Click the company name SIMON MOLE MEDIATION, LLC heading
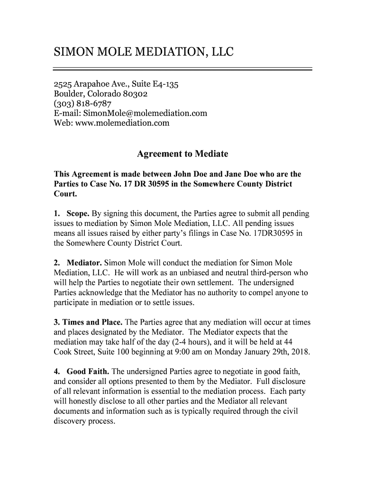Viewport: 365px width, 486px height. pos(143,51)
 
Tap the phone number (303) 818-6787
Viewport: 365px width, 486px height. pos(82,104)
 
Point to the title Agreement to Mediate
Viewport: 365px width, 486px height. pos(182,154)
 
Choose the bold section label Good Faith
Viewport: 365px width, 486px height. pos(88,372)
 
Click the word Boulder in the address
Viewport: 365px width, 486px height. pos(68,94)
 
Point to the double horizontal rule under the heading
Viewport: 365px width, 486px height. pos(182,69)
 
